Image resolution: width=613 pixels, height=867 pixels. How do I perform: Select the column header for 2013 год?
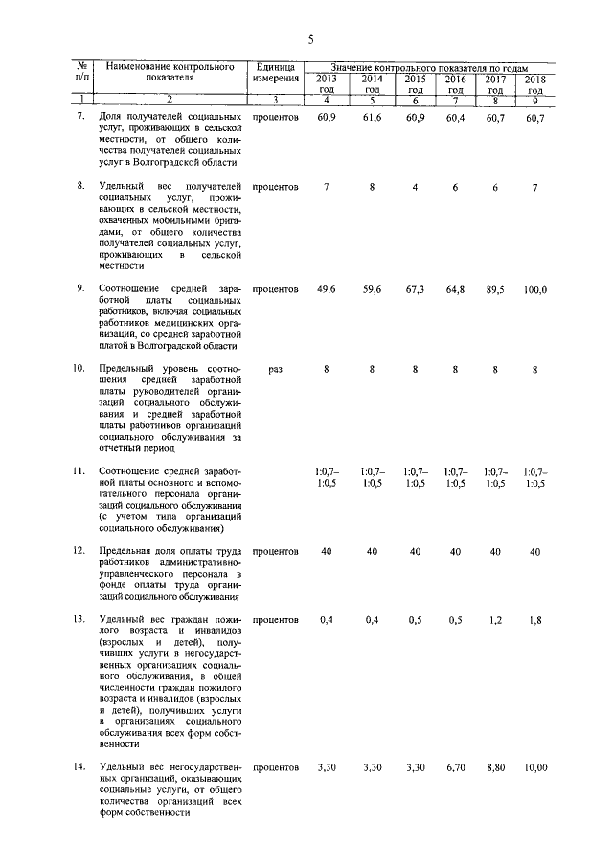327,82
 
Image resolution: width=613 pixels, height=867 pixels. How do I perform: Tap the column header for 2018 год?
534,82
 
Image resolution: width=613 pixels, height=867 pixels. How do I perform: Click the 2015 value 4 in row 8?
415,187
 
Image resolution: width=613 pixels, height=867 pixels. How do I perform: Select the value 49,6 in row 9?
327,290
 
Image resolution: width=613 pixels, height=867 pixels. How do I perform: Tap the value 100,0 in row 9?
534,290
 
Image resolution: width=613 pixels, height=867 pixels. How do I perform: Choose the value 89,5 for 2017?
495,290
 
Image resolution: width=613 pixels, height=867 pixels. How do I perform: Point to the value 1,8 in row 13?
534,621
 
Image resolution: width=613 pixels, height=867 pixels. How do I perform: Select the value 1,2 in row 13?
495,621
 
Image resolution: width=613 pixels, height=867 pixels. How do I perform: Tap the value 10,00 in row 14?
534,768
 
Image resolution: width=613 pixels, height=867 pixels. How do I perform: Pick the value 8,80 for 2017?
495,768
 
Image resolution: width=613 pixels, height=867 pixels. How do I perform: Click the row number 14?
81,768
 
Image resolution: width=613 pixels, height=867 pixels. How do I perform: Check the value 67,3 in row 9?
415,290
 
